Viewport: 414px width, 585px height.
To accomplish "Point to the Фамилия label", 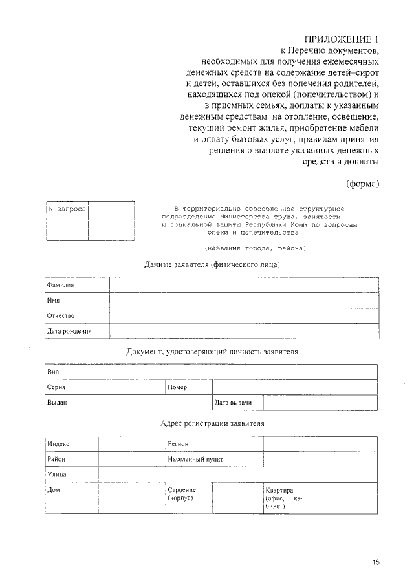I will tap(61, 284).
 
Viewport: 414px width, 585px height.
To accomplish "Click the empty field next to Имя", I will tap(244, 300).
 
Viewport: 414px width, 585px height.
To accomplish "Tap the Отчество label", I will tap(61, 315).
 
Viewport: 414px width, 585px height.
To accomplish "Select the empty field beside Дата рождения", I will tap(244, 331).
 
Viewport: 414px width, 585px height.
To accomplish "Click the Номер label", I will tap(177, 387).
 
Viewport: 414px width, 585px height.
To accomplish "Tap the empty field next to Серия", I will tap(131, 387).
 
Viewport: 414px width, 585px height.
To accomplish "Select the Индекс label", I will tap(58, 444).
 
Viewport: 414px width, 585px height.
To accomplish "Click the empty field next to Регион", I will tap(320, 444).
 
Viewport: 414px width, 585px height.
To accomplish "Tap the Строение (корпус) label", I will tap(182, 495).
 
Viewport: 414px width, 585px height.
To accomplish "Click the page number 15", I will tap(375, 562).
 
